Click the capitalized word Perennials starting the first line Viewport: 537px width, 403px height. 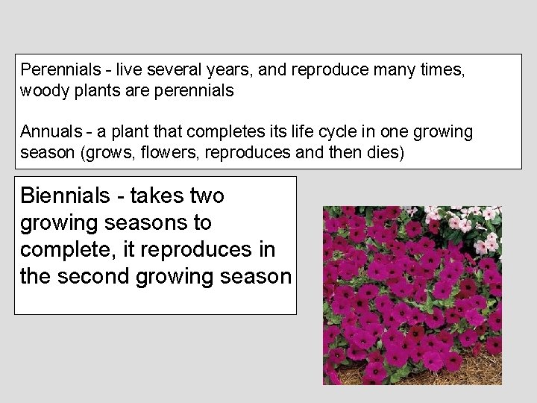click(x=60, y=70)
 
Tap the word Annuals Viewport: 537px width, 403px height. click(x=51, y=132)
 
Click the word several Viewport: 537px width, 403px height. click(x=172, y=70)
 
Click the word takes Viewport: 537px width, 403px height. click(x=157, y=196)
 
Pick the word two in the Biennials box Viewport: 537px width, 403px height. click(x=207, y=196)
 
